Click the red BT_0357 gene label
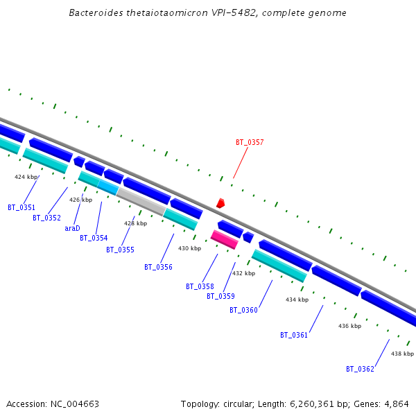[x=250, y=142]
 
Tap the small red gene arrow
[x=220, y=203]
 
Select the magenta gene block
[x=224, y=239]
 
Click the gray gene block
[x=141, y=201]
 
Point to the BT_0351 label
[x=21, y=207]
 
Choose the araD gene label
[x=72, y=228]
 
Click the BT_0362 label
[x=360, y=369]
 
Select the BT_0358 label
[x=200, y=286]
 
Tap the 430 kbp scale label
[x=189, y=248]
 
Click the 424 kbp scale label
[x=26, y=177]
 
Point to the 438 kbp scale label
[x=402, y=354]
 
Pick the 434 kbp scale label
[x=297, y=300]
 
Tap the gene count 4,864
[x=396, y=404]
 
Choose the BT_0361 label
[x=294, y=335]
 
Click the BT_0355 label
[x=120, y=250]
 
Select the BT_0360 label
[x=243, y=310]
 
